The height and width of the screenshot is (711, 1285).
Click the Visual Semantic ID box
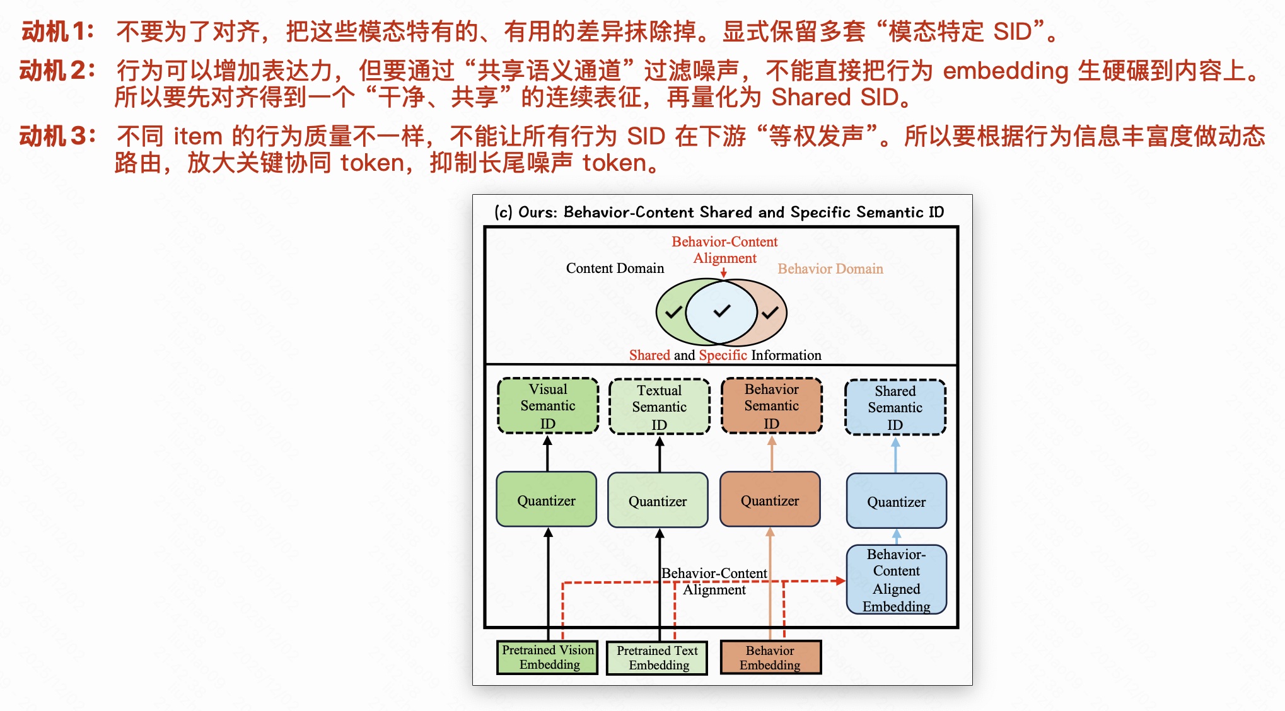tap(548, 406)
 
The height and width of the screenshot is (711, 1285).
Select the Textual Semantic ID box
tap(659, 407)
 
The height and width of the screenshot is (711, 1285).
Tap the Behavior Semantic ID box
tap(771, 406)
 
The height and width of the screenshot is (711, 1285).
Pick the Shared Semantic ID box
tap(895, 407)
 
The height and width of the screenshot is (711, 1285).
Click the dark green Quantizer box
tap(546, 500)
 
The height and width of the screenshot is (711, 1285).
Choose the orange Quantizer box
tap(769, 500)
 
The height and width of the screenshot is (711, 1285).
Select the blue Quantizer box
tap(896, 501)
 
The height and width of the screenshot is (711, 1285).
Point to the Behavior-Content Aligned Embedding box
tap(896, 580)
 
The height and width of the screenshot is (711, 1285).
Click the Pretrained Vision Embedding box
tap(547, 657)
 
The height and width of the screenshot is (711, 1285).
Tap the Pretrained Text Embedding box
tap(657, 658)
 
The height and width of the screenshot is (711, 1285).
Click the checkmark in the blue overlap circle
tap(721, 311)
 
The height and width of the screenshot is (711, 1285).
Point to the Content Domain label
tap(615, 269)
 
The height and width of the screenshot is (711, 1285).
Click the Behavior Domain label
tap(830, 269)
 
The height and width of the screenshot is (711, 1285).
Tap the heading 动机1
tap(57, 32)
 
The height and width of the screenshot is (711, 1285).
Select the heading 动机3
tap(57, 136)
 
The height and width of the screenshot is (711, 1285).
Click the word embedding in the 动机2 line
tap(1005, 71)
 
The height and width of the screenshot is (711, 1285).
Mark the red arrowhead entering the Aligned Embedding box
tap(840, 581)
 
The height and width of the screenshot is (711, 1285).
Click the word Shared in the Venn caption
tap(649, 355)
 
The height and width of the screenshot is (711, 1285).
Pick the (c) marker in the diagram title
tap(503, 212)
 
